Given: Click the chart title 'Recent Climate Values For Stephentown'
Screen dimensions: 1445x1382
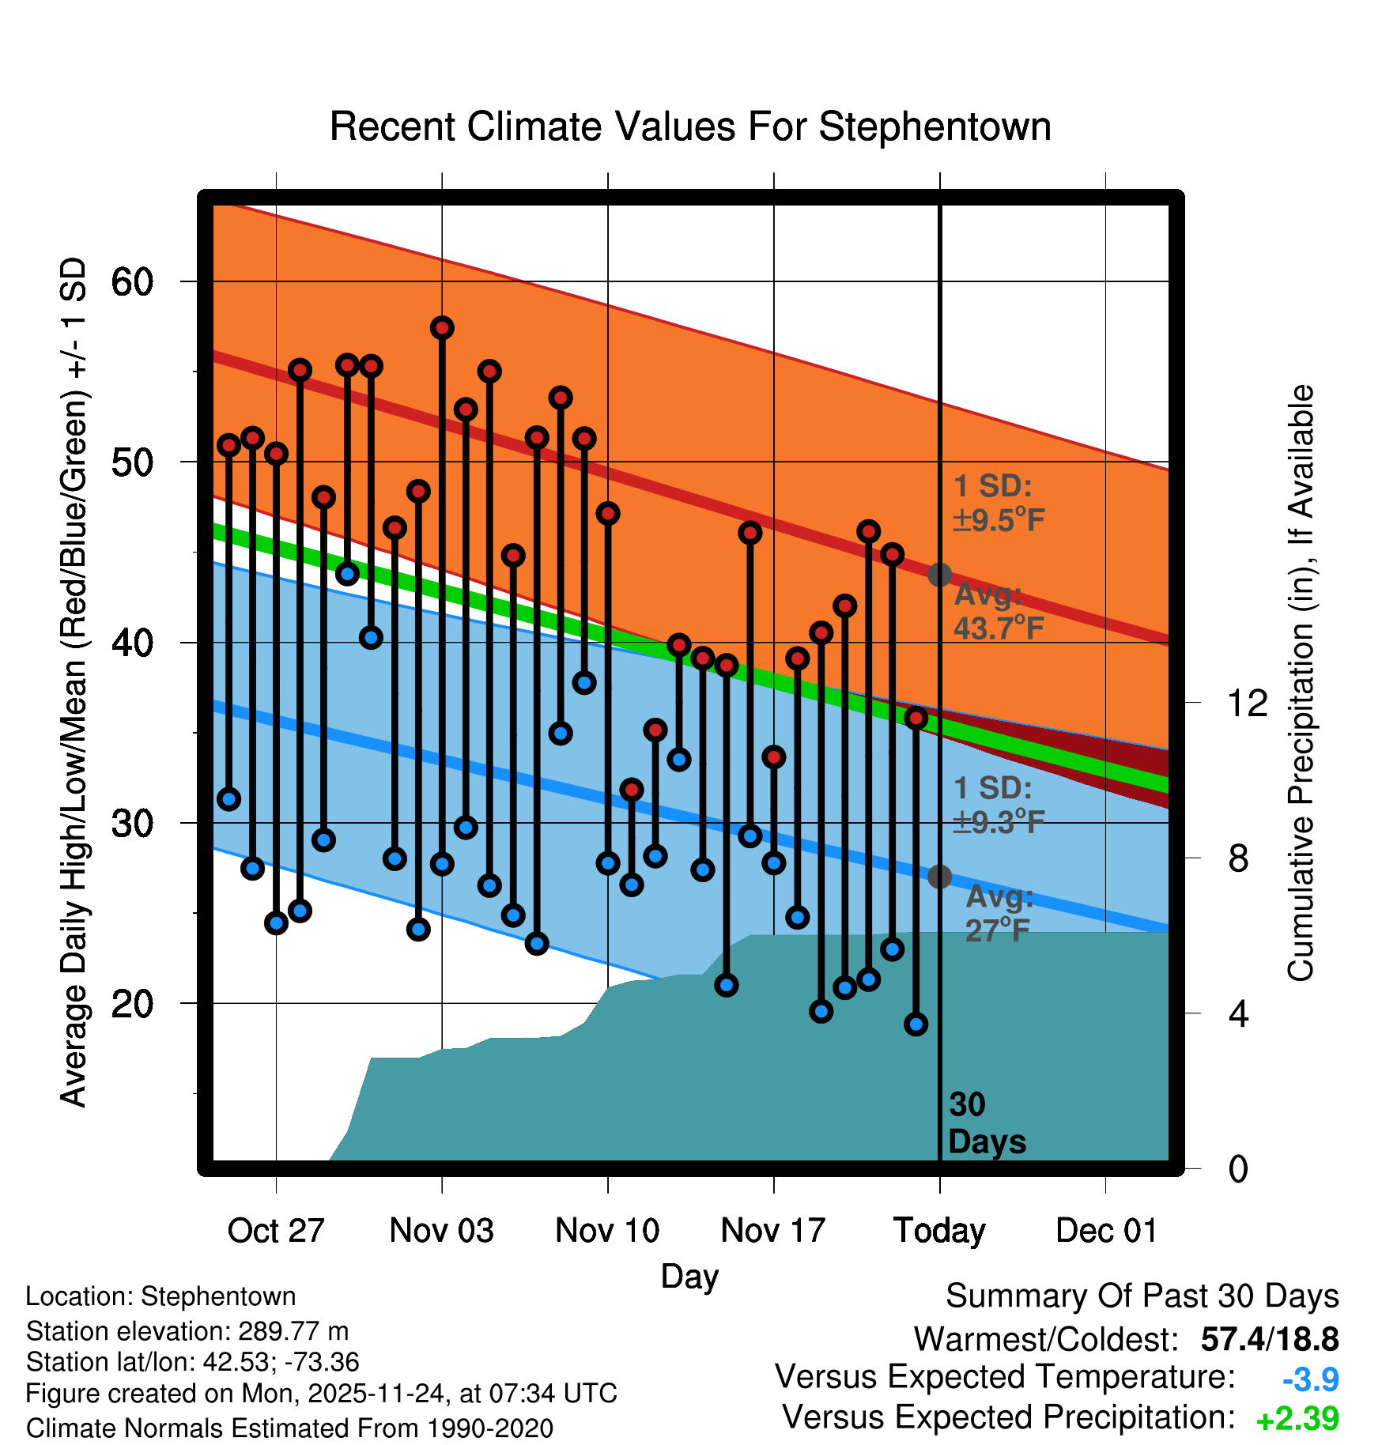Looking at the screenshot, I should pos(690,127).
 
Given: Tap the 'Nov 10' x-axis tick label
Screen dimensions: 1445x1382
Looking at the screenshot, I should pos(607,1231).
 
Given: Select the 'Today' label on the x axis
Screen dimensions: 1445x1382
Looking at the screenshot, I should pos(939,1231).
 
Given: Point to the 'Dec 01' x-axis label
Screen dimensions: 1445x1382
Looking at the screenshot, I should pos(1106,1231).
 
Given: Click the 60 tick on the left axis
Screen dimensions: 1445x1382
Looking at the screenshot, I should pos(132,282).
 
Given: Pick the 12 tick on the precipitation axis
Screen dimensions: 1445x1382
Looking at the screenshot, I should pos(1247,703).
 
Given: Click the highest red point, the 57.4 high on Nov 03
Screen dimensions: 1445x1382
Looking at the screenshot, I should pos(442,328).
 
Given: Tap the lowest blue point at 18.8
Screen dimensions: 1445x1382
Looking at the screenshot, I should pos(916,1024).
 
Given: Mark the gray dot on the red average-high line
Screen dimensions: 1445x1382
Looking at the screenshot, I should pos(939,575).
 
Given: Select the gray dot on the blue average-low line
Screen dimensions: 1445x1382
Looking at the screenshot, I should pos(939,877).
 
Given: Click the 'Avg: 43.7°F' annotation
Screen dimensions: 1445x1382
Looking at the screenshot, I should pos(998,611).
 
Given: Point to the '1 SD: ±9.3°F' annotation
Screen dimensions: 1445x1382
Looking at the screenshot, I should pos(998,806).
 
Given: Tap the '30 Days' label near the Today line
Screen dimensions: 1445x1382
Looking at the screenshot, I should pos(985,1123).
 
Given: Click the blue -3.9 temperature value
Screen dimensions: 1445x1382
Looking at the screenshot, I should pos(1310,1379).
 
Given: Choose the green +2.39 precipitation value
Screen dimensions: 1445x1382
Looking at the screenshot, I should pos(1297,1419).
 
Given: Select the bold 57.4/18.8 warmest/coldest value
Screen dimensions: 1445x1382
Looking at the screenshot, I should pos(1269,1339).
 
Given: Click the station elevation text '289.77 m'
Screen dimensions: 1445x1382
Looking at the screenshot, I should pos(293,1331).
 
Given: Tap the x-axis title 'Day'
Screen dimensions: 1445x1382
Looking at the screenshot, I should pos(689,1276).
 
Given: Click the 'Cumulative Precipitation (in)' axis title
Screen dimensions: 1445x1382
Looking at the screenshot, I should pos(1301,683).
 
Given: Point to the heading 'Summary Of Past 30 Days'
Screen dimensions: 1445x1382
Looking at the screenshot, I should pos(1142,1296).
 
